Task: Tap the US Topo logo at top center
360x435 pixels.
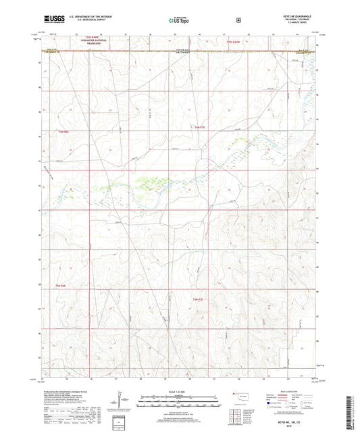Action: [179, 20]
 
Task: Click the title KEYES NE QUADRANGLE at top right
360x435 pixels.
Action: [294, 16]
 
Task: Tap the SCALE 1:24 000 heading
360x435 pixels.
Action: [179, 391]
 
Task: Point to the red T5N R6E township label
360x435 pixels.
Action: [61, 287]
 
